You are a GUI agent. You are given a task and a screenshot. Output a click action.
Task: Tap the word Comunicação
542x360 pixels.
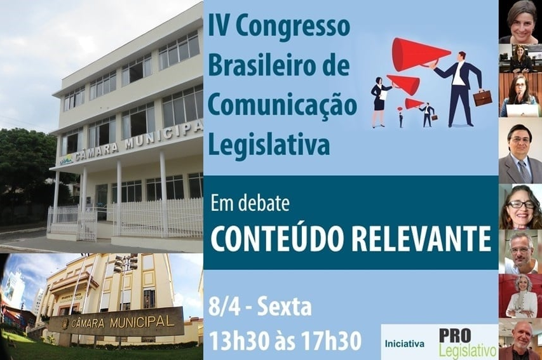point(282,105)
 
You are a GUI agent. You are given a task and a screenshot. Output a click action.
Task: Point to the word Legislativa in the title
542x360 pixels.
point(269,143)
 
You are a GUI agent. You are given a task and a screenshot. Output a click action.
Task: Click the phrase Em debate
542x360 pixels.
point(250,204)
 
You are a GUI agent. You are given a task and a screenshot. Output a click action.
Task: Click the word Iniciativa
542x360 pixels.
point(404,343)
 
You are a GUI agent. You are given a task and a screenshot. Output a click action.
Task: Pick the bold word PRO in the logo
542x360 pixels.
point(455,336)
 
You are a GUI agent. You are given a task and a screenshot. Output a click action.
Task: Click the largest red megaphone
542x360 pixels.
point(421,54)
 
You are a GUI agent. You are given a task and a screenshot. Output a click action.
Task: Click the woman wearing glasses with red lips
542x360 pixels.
point(520,206)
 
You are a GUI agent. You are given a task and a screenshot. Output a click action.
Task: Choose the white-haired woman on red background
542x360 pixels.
point(520,296)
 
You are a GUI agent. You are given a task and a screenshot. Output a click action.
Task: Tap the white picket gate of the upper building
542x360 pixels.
point(87,225)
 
